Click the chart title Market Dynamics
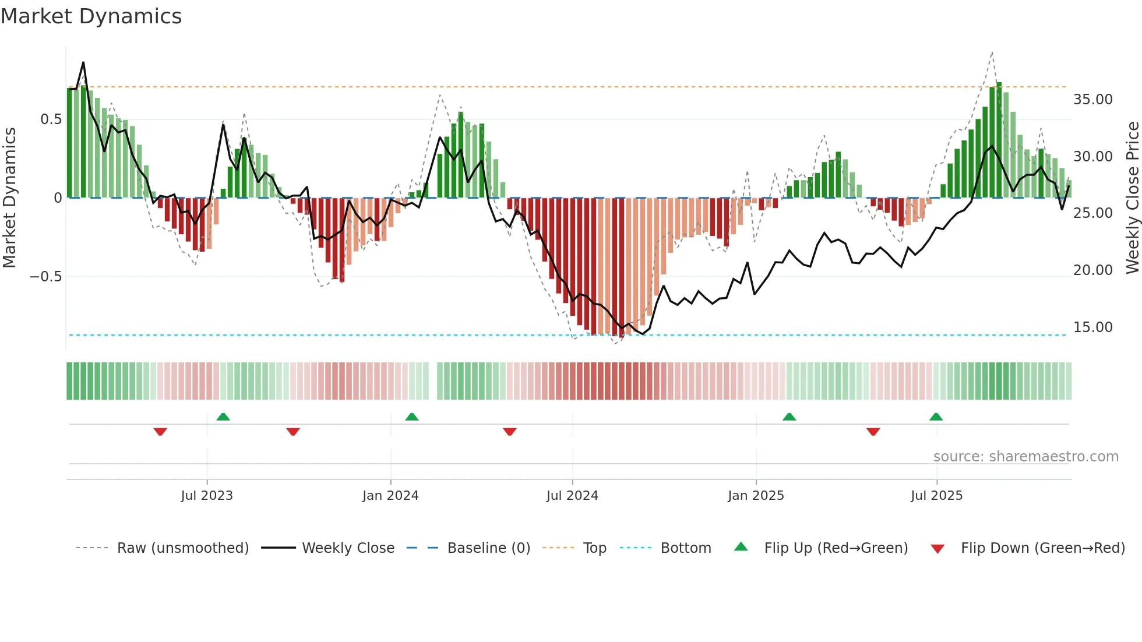click(x=91, y=16)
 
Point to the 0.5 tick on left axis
click(x=51, y=119)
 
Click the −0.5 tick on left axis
click(x=46, y=276)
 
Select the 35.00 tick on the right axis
click(x=1092, y=100)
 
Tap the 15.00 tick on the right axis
click(x=1092, y=327)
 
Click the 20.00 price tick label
click(x=1092, y=270)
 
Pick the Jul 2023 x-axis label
click(x=207, y=496)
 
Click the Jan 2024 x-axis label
click(x=390, y=496)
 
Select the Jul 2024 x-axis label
click(x=572, y=496)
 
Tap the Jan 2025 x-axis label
click(x=756, y=496)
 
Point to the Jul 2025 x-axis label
click(x=936, y=496)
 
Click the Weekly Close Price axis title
click(x=1132, y=197)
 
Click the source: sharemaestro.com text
click(x=1025, y=457)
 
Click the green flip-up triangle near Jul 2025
click(x=936, y=417)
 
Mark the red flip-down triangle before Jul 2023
click(x=160, y=432)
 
